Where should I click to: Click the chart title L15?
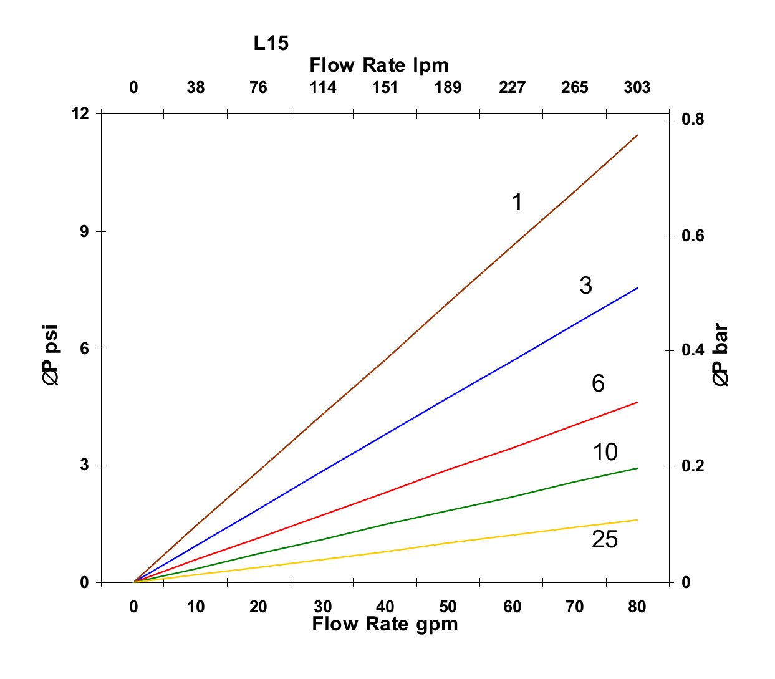[x=271, y=43]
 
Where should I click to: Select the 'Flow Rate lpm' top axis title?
[x=378, y=65]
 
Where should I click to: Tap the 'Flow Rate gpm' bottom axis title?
[x=385, y=624]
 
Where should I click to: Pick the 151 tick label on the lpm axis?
[x=385, y=88]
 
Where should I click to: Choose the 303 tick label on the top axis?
[x=637, y=88]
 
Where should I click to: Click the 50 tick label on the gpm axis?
[x=448, y=607]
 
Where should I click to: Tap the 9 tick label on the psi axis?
[x=84, y=231]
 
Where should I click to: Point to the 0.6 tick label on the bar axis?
[x=693, y=236]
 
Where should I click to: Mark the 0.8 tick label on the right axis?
[x=693, y=119]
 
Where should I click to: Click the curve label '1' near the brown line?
[x=517, y=202]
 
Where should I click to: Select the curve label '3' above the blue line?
[x=585, y=286]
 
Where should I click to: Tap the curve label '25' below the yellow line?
[x=604, y=539]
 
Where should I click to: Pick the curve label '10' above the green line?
[x=604, y=452]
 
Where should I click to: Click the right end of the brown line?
[x=637, y=135]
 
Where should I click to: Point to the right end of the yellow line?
[x=637, y=520]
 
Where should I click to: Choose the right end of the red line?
[x=637, y=402]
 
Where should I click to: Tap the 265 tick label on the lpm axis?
[x=574, y=88]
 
